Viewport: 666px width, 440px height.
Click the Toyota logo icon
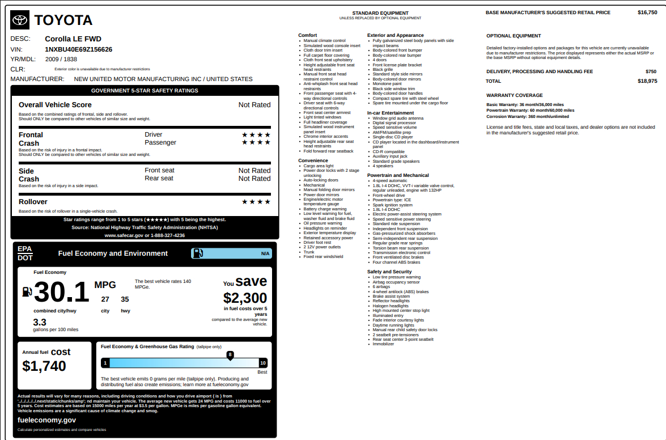pos(20,20)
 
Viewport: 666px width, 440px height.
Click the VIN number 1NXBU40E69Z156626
pos(79,49)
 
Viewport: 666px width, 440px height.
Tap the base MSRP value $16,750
pos(647,12)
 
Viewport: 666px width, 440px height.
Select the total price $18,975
pos(647,81)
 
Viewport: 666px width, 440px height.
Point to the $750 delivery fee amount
pos(651,71)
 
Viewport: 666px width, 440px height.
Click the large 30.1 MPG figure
pos(61,293)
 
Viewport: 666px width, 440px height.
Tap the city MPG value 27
pos(105,299)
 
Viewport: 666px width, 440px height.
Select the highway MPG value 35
pos(125,299)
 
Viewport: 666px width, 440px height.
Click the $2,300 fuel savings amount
pos(245,298)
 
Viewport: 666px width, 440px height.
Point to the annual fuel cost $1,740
pos(44,366)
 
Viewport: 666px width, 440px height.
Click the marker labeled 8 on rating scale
pos(230,355)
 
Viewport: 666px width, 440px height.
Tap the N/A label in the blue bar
pos(265,253)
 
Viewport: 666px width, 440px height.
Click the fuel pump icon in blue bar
pos(198,253)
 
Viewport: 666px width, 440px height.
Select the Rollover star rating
pos(256,202)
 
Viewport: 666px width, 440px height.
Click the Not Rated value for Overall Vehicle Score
pos(254,105)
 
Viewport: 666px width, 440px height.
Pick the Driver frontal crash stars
pos(256,134)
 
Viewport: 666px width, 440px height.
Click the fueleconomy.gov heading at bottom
pos(46,420)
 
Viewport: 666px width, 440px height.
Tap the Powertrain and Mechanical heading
pos(398,175)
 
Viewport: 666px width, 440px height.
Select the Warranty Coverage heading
pos(514,95)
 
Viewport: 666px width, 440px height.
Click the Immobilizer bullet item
pos(383,344)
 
